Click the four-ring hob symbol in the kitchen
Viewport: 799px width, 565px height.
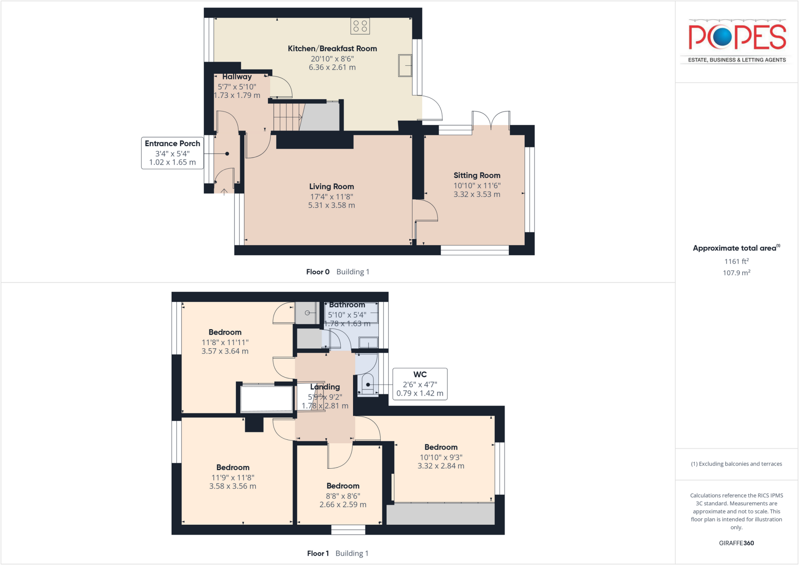(x=360, y=26)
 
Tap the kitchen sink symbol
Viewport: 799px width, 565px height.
(x=405, y=66)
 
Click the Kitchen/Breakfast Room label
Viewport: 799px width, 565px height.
(x=332, y=49)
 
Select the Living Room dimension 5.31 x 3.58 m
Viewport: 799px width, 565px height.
(x=331, y=205)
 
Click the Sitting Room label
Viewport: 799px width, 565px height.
(x=477, y=175)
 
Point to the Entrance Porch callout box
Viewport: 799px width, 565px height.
(x=172, y=153)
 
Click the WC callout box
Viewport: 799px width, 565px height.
(x=420, y=384)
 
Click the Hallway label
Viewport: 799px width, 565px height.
(x=237, y=77)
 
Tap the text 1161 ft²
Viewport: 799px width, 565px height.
(x=736, y=261)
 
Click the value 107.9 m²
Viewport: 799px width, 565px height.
(x=736, y=273)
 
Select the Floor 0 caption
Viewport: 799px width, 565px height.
(x=318, y=272)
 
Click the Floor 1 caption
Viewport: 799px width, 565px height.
(x=318, y=553)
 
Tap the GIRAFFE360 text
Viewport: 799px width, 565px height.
(x=736, y=543)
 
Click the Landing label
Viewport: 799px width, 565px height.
(x=325, y=387)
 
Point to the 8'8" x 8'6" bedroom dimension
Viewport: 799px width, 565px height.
(x=343, y=496)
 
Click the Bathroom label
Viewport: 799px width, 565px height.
(x=347, y=305)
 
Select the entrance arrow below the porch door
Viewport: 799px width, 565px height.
(x=224, y=191)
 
